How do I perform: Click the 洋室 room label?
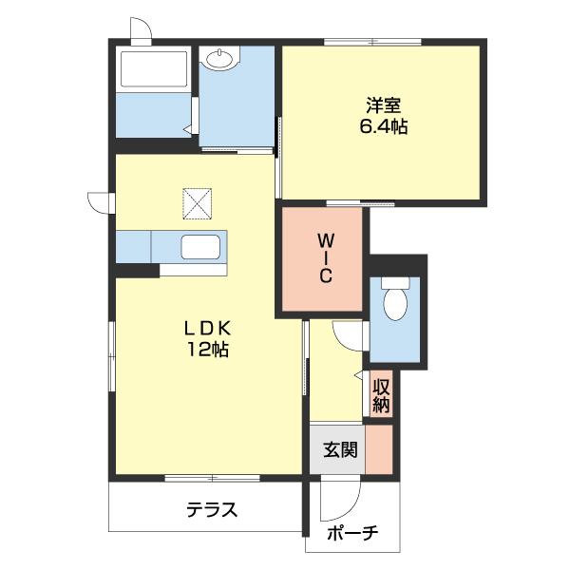(x=383, y=105)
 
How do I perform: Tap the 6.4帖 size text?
(x=383, y=126)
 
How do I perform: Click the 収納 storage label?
(x=382, y=395)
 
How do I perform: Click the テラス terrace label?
(x=211, y=510)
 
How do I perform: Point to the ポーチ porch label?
(x=351, y=534)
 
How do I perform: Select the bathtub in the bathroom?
(x=152, y=72)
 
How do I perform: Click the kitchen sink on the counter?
(x=201, y=250)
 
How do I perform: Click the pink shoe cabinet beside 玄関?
(x=380, y=449)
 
